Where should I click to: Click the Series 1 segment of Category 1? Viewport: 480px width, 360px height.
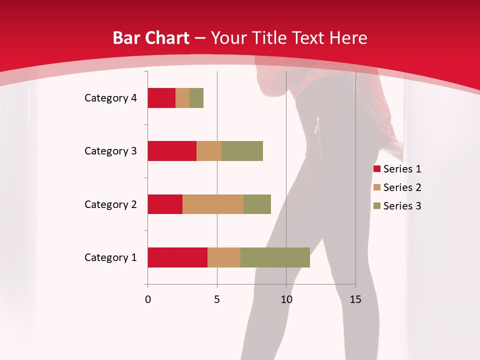(177, 257)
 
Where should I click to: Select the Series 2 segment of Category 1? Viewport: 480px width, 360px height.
(224, 257)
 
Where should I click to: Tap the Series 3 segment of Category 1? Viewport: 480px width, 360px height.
(275, 257)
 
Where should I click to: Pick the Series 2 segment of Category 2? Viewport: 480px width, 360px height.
(213, 204)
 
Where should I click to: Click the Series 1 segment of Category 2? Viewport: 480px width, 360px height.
(165, 204)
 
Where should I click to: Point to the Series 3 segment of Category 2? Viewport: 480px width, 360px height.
(257, 204)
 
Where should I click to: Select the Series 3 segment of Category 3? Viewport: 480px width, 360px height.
(242, 151)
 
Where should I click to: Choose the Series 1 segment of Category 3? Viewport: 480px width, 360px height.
(172, 151)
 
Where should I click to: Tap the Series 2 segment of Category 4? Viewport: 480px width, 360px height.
(182, 98)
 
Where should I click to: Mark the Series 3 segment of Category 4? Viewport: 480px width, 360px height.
(196, 98)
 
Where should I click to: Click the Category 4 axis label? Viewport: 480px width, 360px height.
(110, 98)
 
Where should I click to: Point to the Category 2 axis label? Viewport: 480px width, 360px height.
(110, 204)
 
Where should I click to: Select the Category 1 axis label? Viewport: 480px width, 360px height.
(110, 257)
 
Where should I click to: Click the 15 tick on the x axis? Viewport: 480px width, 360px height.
(355, 299)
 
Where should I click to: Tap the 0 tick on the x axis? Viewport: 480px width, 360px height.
(147, 299)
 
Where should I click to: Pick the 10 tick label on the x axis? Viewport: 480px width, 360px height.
(286, 299)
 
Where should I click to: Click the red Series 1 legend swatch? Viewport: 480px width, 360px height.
(376, 169)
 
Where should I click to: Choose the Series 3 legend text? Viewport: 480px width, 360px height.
(402, 206)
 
